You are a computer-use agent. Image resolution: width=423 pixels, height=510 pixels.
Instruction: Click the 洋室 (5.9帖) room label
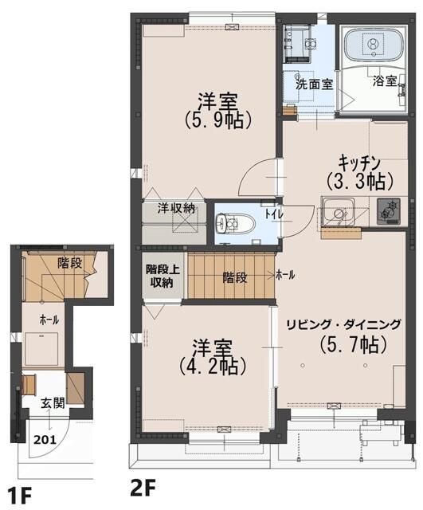click(217, 112)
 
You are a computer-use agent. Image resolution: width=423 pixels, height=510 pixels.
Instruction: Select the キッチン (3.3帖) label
click(360, 173)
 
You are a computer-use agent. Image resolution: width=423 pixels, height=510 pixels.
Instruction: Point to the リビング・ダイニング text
click(343, 324)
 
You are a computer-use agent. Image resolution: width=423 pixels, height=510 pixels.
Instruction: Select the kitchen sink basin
click(337, 213)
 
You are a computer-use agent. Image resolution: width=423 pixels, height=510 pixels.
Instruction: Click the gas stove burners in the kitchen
click(388, 211)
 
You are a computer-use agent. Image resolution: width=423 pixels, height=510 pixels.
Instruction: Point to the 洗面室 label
click(314, 84)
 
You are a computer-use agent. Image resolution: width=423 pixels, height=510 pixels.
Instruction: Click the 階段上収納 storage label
click(162, 277)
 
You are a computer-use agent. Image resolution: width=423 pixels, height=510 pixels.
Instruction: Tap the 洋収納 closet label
click(176, 208)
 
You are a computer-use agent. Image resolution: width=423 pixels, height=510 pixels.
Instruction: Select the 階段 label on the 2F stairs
click(235, 277)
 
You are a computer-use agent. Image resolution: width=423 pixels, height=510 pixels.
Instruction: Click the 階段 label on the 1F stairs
click(69, 263)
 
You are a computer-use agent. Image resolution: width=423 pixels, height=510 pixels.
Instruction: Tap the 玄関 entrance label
click(53, 403)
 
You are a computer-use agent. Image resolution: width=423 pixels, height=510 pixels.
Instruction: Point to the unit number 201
click(45, 440)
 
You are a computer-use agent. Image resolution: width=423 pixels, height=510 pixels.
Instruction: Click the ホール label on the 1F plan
click(49, 320)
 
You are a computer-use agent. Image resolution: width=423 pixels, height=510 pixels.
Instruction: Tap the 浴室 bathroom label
click(385, 80)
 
